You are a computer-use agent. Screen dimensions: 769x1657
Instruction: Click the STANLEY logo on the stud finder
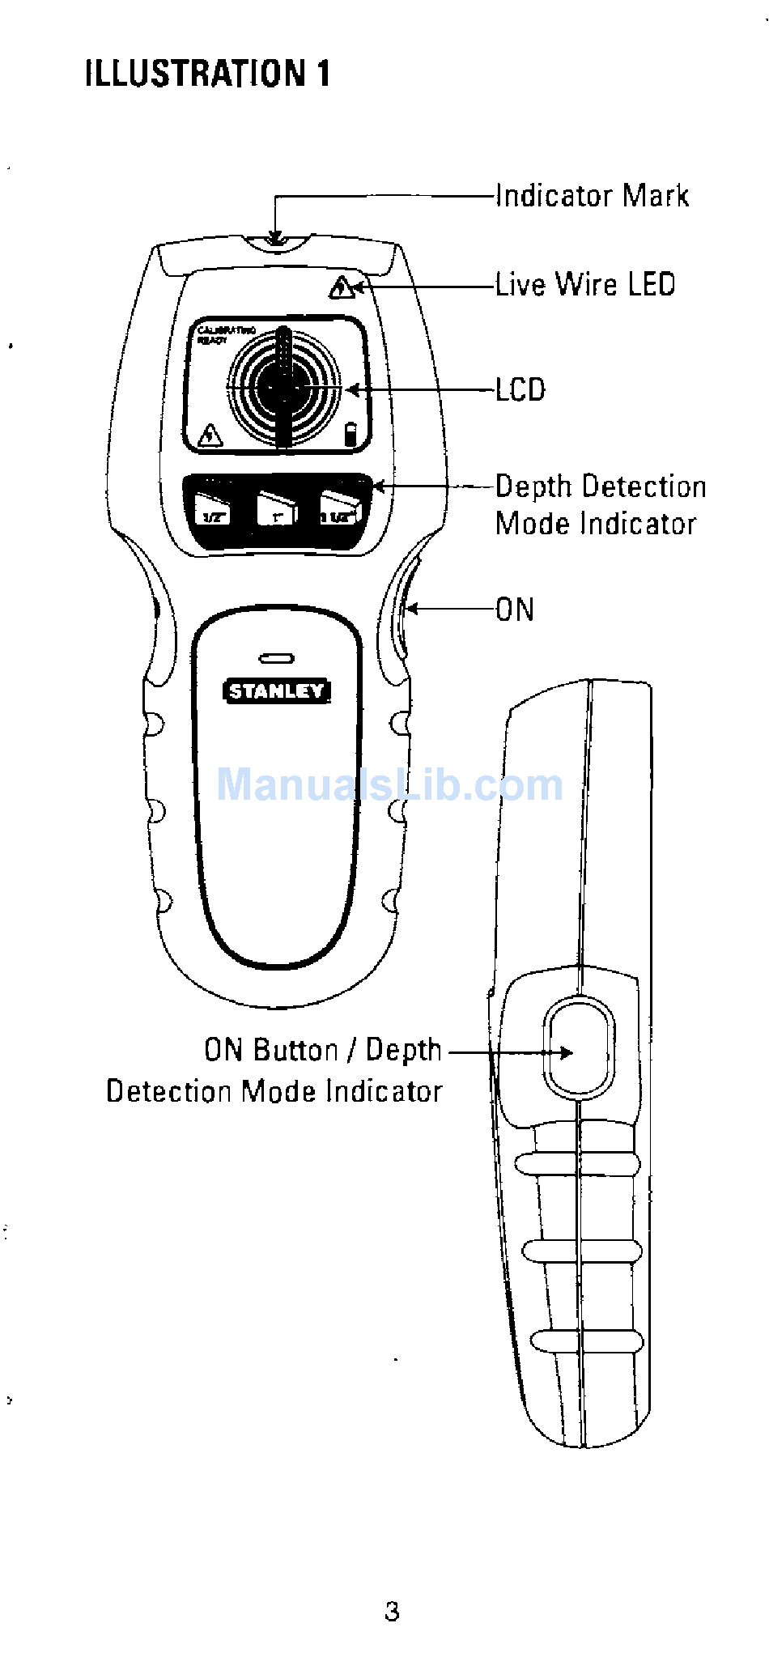pyautogui.click(x=276, y=690)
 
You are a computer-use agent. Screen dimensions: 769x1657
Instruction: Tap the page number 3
pyautogui.click(x=392, y=1611)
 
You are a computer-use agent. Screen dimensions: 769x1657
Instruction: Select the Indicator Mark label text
pyautogui.click(x=592, y=196)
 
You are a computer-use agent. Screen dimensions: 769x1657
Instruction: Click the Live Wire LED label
pyautogui.click(x=585, y=285)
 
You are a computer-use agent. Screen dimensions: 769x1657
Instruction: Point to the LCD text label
pyautogui.click(x=520, y=390)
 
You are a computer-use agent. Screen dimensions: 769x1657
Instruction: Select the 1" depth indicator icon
pyautogui.click(x=278, y=510)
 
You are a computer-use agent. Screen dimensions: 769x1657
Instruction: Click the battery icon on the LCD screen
pyautogui.click(x=351, y=435)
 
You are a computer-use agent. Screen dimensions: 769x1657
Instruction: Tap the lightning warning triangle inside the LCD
pyautogui.click(x=210, y=435)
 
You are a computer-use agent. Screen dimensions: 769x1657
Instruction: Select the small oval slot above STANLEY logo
pyautogui.click(x=276, y=659)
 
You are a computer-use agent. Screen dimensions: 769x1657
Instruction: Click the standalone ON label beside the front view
pyautogui.click(x=515, y=610)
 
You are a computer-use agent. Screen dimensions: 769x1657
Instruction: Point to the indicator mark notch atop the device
pyautogui.click(x=275, y=240)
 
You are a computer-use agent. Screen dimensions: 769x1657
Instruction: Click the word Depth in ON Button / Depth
pyautogui.click(x=404, y=1050)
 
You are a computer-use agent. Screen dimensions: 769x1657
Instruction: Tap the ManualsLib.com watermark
pyautogui.click(x=389, y=784)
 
